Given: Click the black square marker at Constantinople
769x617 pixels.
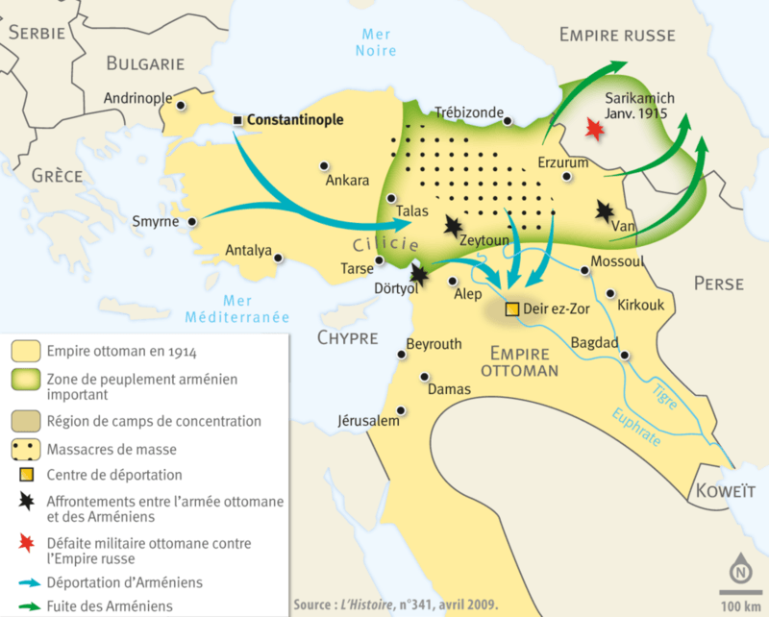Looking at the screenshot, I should tap(237, 119).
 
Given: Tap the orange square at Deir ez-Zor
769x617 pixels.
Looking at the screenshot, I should tap(512, 308).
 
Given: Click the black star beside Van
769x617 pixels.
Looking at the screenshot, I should tap(606, 210).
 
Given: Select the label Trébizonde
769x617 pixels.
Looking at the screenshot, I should tap(469, 112).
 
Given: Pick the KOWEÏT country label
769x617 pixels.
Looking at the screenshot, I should tap(728, 489).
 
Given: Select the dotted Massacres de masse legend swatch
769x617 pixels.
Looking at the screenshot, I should tap(27, 448).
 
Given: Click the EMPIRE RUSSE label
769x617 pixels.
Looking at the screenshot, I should tap(616, 36).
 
